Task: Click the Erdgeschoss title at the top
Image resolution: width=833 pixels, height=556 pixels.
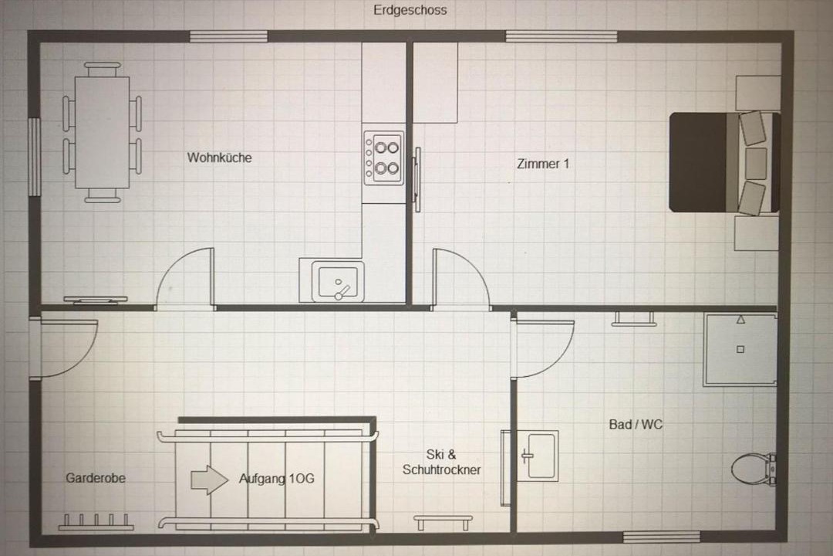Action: point(410,10)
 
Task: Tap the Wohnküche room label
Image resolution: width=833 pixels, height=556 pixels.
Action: point(219,158)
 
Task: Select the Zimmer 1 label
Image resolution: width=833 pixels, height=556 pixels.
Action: point(543,164)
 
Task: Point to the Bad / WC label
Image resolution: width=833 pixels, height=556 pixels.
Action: point(636,424)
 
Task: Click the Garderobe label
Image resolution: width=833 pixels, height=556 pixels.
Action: point(96,478)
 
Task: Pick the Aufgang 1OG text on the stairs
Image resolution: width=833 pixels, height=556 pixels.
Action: point(276,478)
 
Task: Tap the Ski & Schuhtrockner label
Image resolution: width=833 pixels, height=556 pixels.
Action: point(441,462)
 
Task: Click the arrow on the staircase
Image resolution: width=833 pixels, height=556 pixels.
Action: point(209,480)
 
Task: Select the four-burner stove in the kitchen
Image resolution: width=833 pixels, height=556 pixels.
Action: point(383,158)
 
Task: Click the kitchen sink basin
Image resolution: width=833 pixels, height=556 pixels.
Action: point(337,282)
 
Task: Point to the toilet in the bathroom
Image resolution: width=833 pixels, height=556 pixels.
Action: point(754,469)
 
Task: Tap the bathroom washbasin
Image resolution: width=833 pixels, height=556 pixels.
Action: point(538,456)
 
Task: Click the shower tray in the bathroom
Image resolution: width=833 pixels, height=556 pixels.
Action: point(740,349)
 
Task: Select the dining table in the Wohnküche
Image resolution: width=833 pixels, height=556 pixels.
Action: point(102,133)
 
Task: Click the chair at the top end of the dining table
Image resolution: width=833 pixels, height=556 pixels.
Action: point(103,69)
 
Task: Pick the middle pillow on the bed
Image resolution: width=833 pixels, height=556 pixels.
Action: point(756,164)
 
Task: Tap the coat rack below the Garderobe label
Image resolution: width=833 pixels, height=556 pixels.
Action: point(96,522)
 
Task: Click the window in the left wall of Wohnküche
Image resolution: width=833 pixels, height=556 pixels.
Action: point(35,158)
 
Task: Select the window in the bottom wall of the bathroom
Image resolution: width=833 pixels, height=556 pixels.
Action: point(661,537)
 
